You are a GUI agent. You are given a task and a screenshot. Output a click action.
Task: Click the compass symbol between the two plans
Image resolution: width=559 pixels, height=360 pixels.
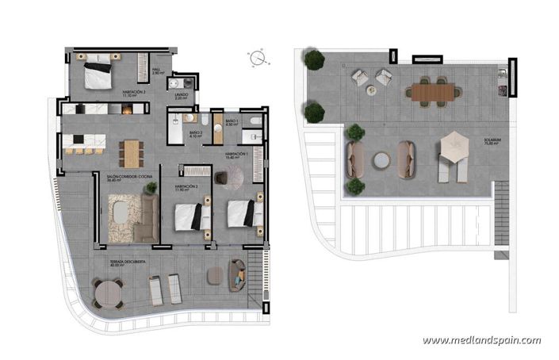click(255, 58)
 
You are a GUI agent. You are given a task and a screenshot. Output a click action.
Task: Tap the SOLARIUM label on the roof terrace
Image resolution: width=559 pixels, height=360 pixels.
click(493, 143)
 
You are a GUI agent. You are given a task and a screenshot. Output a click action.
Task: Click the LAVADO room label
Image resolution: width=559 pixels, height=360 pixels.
click(181, 96)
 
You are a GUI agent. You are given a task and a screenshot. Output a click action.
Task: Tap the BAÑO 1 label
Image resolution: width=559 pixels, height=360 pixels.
click(232, 122)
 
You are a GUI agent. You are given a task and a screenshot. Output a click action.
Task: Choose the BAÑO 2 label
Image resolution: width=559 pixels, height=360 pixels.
click(196, 134)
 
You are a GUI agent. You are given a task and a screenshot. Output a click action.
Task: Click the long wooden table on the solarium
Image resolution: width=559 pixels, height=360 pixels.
click(435, 92)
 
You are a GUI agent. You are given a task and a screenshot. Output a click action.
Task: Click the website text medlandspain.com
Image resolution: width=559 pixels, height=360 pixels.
click(481, 341)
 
